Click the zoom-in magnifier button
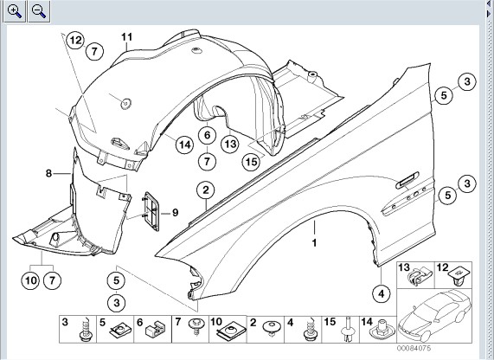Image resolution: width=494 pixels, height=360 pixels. (14, 11)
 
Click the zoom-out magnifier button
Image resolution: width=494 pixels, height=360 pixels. (39, 11)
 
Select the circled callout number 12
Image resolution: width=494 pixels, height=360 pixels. (75, 41)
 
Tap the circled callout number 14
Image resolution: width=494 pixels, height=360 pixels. (184, 145)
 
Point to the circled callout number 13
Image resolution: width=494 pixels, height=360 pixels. (230, 144)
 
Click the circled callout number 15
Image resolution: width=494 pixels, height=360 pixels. (251, 162)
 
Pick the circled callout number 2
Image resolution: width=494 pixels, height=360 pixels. (206, 190)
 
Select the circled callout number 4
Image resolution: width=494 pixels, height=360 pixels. (382, 294)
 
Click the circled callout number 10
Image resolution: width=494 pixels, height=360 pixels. (30, 280)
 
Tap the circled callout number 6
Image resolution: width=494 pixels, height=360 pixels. (207, 135)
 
